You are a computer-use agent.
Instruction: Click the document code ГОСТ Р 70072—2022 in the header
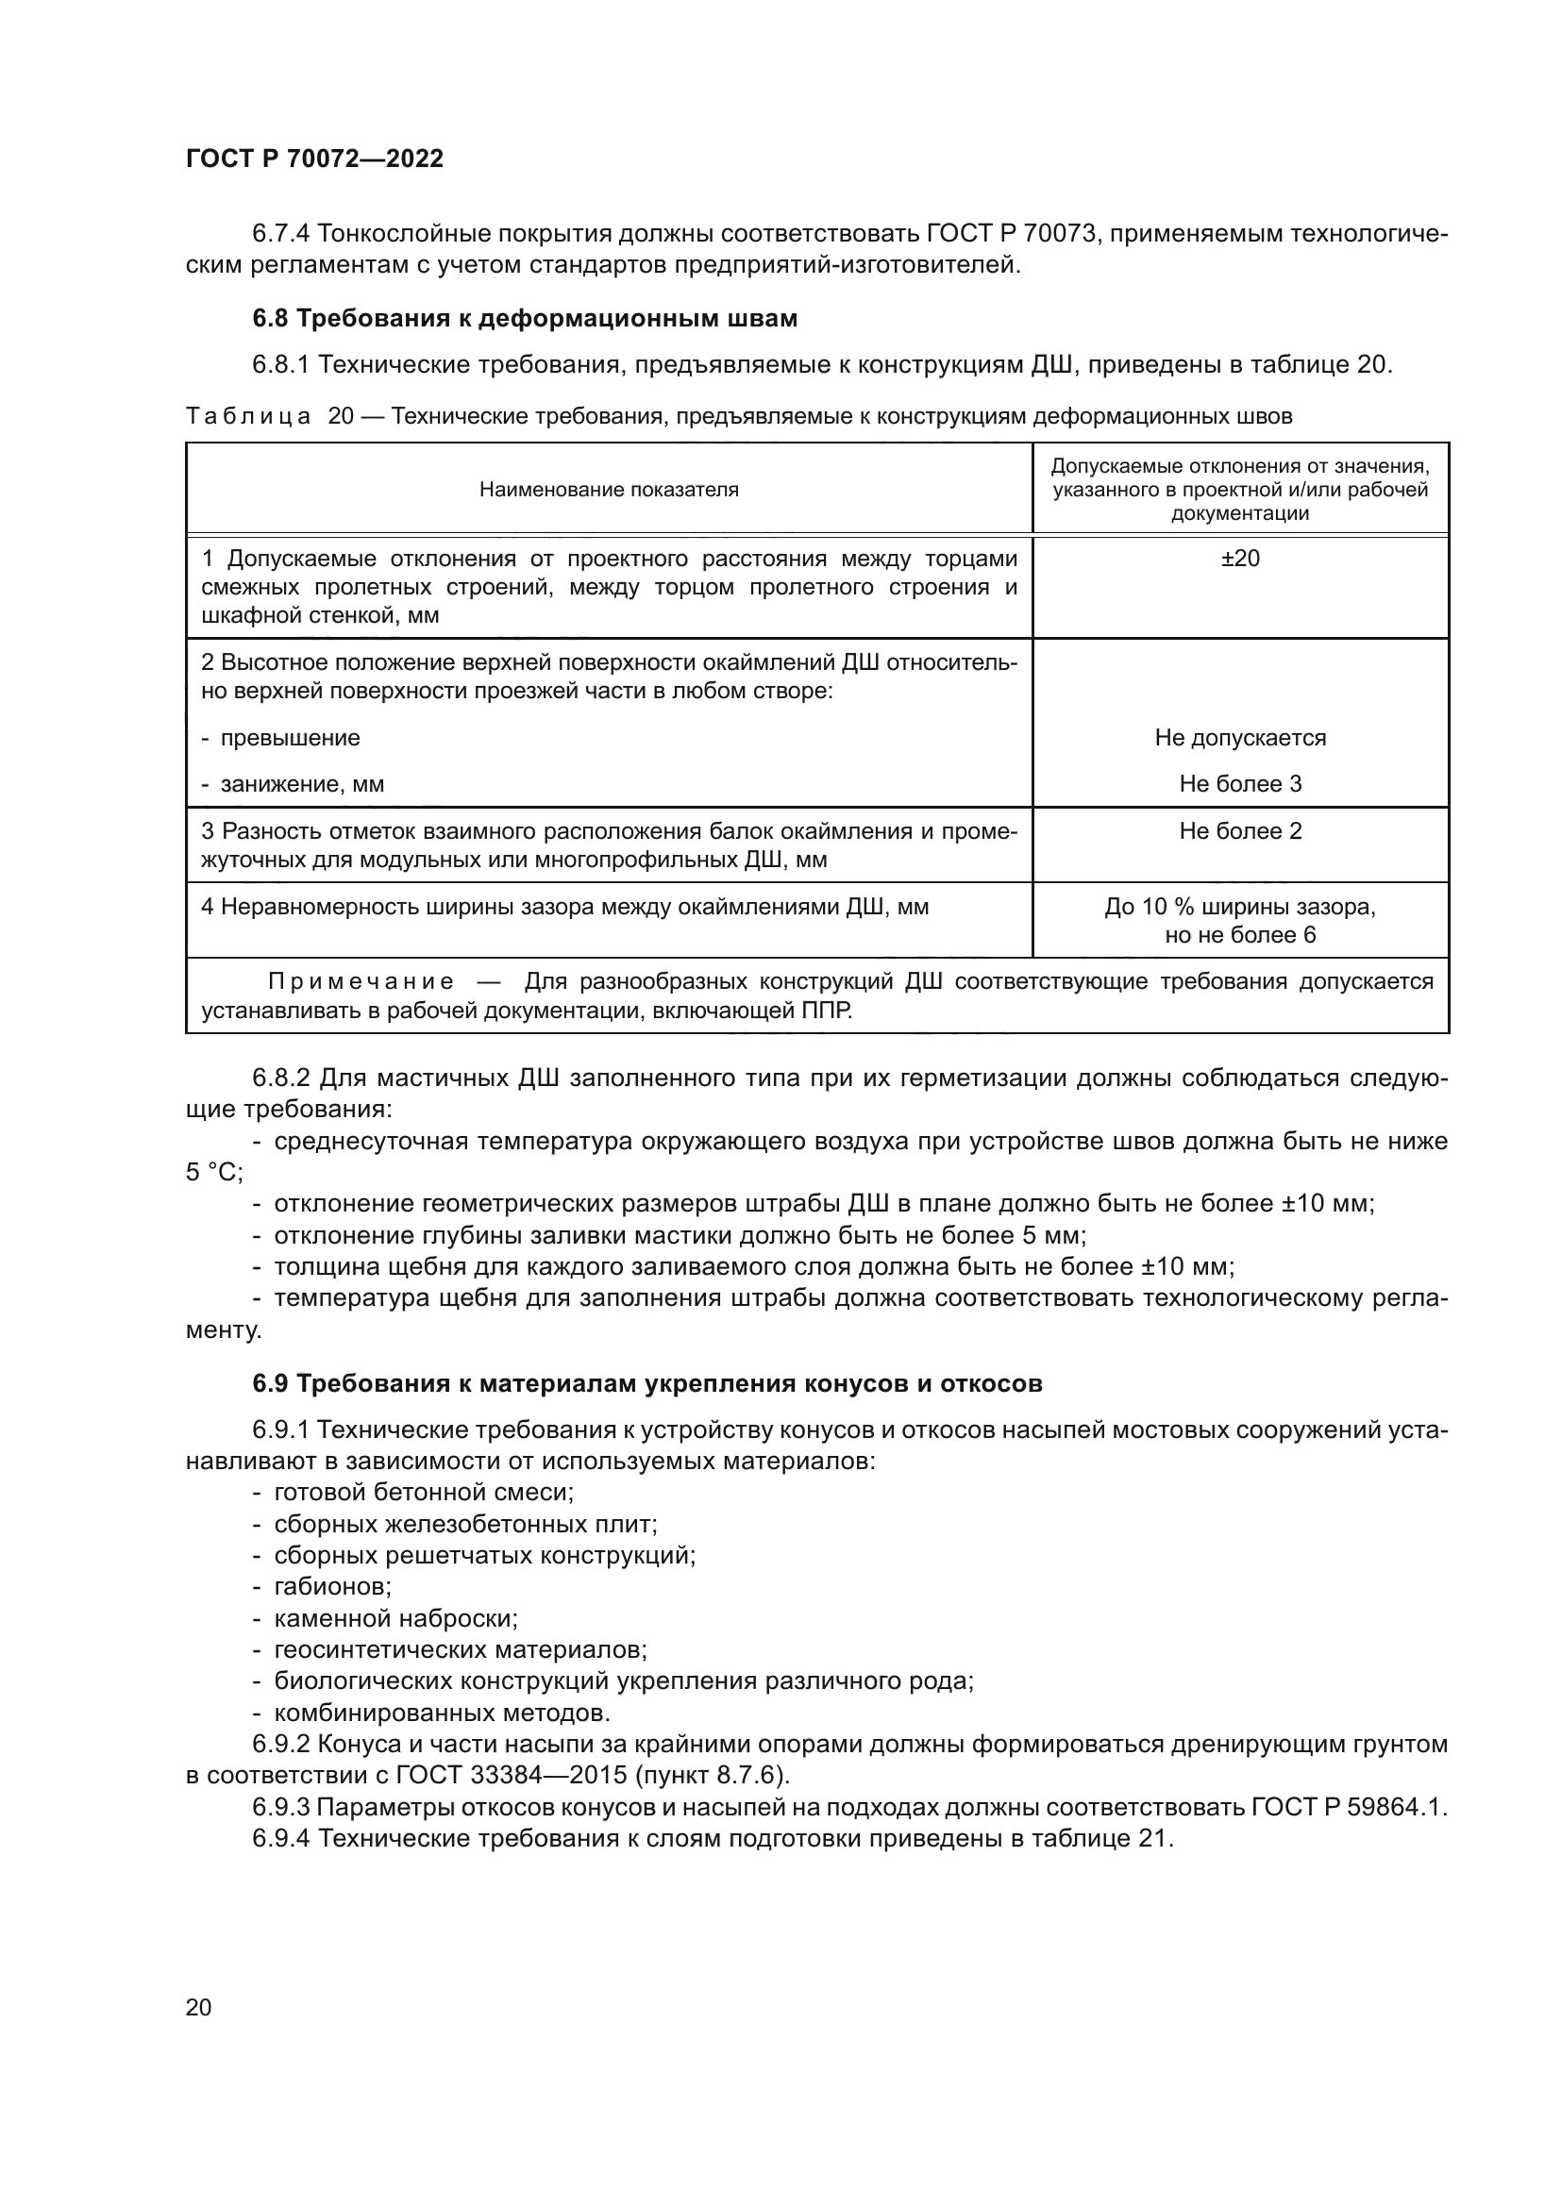314,159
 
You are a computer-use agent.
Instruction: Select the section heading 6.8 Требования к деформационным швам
525,318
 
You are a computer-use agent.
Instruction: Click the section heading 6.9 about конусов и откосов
647,1384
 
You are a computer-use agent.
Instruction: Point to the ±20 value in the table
1240,559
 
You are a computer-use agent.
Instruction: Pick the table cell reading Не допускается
1240,738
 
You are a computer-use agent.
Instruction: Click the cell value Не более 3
1240,784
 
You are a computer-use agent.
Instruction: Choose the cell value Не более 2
1240,831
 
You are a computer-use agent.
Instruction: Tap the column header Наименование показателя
609,490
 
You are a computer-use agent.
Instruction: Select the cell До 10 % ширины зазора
1240,908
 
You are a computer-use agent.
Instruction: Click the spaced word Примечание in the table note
361,981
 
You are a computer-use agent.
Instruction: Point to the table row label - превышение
280,738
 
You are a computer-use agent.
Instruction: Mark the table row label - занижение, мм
294,784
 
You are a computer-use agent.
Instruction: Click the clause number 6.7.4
280,234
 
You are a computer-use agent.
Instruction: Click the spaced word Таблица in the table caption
248,416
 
